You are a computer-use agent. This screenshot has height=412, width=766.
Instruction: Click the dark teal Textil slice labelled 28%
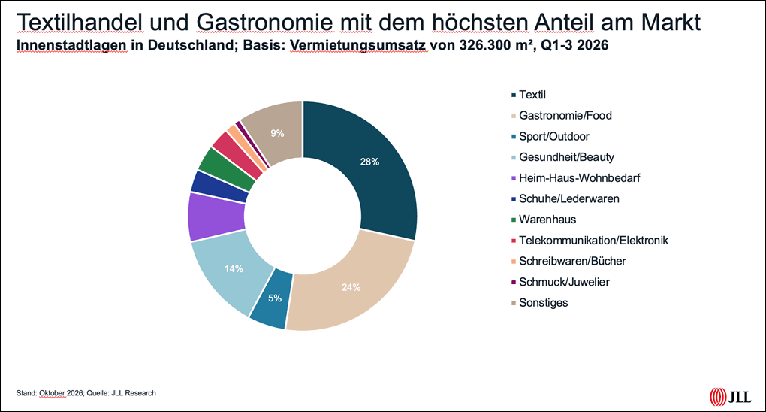[x=376, y=166]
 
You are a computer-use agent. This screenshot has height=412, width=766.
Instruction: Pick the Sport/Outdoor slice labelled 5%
[x=272, y=299]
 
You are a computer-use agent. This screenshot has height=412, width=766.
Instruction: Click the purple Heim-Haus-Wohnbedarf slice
[x=215, y=217]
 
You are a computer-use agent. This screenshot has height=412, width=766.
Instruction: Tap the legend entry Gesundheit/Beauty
[x=562, y=157]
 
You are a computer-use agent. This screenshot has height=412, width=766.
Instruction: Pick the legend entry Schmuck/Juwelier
[x=560, y=282]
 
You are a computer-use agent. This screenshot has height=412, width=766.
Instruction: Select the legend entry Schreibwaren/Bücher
[x=568, y=262]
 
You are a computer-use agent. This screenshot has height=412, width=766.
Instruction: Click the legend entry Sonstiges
[x=540, y=303]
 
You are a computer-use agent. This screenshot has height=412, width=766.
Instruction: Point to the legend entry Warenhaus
[x=544, y=220]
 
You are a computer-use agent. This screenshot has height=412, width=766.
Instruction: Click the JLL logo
[x=731, y=396]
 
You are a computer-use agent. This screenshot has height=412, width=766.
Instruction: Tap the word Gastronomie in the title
[x=264, y=22]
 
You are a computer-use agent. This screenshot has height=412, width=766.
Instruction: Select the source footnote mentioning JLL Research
[x=86, y=393]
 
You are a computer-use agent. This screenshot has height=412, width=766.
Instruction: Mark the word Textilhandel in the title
[x=79, y=22]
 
